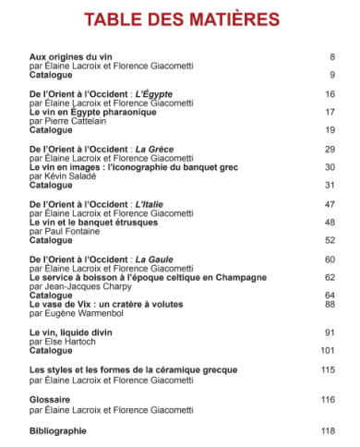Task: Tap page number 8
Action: click(x=330, y=57)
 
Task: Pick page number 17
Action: click(x=329, y=112)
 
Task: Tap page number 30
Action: click(x=329, y=166)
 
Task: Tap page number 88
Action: click(x=329, y=304)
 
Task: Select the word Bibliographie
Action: click(x=58, y=430)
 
